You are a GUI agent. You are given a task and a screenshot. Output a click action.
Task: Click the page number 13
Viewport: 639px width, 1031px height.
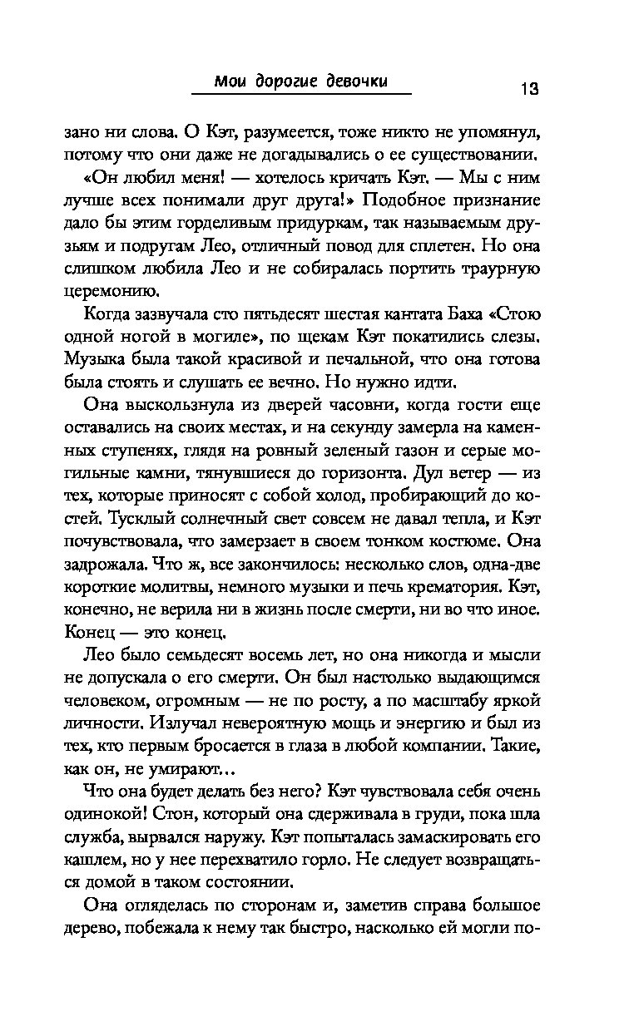[530, 88]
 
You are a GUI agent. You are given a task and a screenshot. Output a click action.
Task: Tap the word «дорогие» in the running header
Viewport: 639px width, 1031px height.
[287, 81]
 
